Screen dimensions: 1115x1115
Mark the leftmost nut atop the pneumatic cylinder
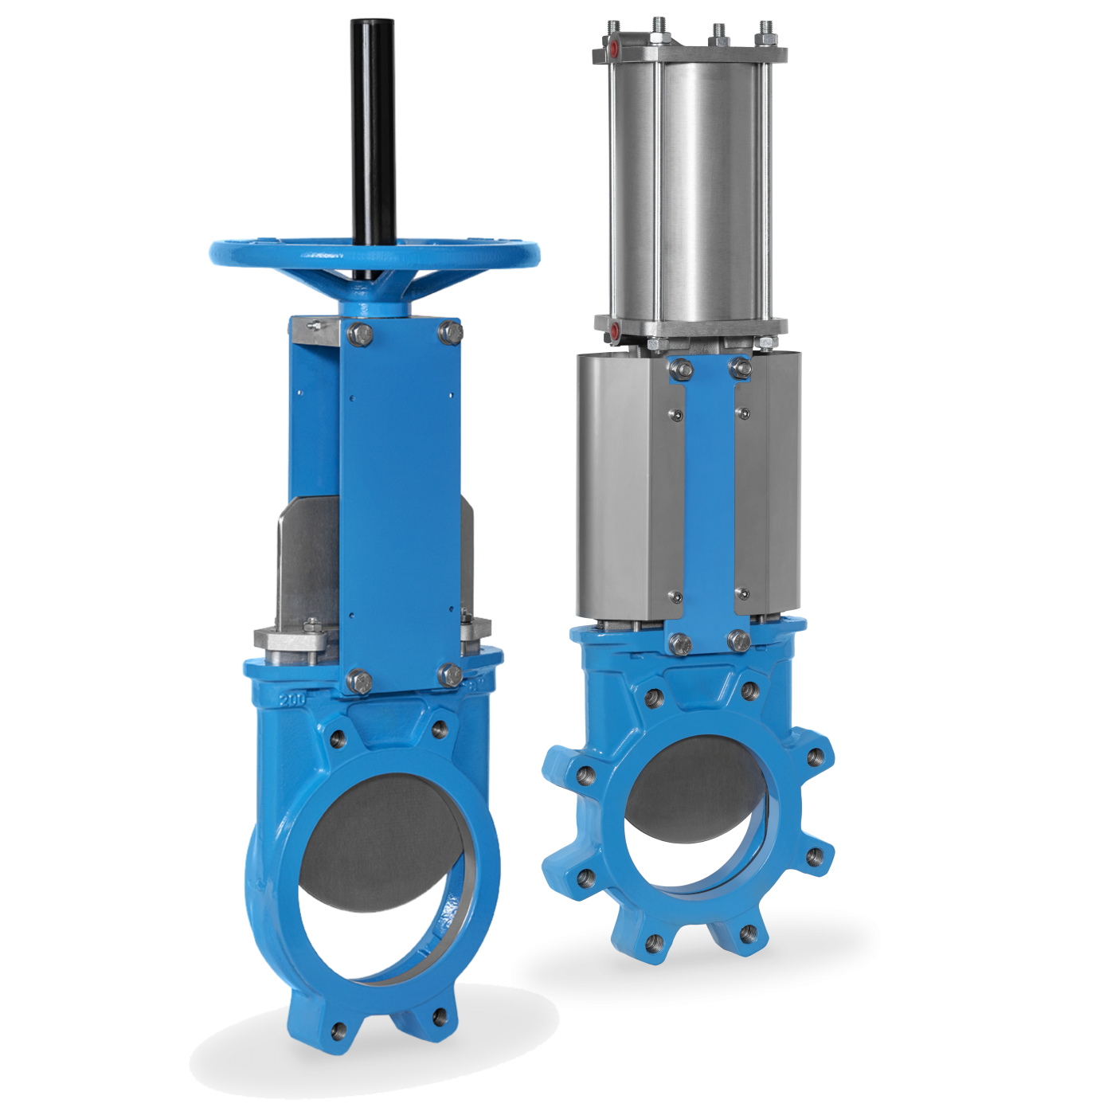tap(614, 29)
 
